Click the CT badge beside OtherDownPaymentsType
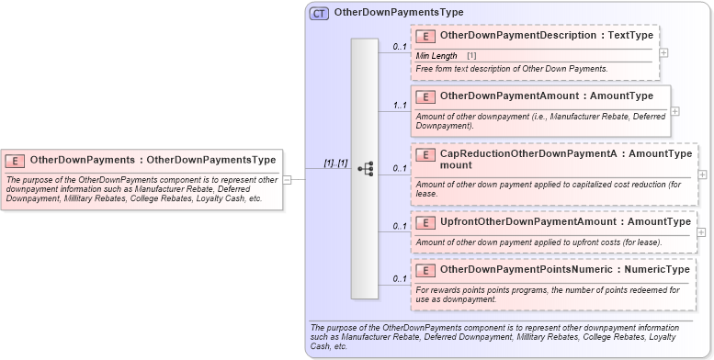[x=320, y=13]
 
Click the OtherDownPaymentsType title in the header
[x=399, y=13]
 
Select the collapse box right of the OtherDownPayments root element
[x=287, y=179]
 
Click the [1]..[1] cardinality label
[x=334, y=163]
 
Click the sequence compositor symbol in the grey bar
[x=365, y=169]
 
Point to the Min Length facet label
[x=436, y=56]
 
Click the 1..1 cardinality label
[x=400, y=106]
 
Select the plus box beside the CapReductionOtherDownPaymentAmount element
[x=702, y=174]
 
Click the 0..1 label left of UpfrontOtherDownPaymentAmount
[x=400, y=226]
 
